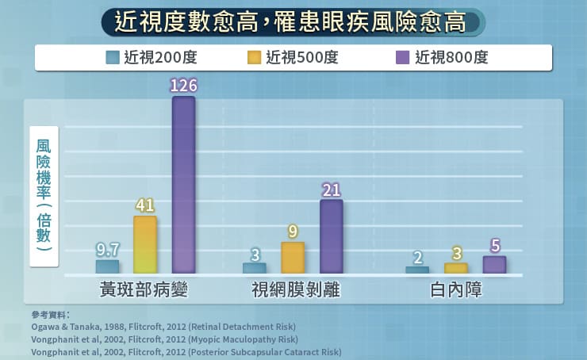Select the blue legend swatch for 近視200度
[x=113, y=57]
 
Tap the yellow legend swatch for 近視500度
[x=254, y=57]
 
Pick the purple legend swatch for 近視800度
[x=401, y=57]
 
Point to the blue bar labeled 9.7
[x=107, y=266]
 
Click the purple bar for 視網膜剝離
[x=332, y=236]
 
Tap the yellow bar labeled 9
[x=293, y=257]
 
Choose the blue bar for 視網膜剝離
[x=255, y=268]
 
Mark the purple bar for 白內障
[x=494, y=265]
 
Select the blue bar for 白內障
[x=417, y=270]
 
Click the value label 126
[x=183, y=85]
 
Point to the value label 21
[x=332, y=189]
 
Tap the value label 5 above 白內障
[x=494, y=246]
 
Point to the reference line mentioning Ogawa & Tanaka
[x=163, y=326]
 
